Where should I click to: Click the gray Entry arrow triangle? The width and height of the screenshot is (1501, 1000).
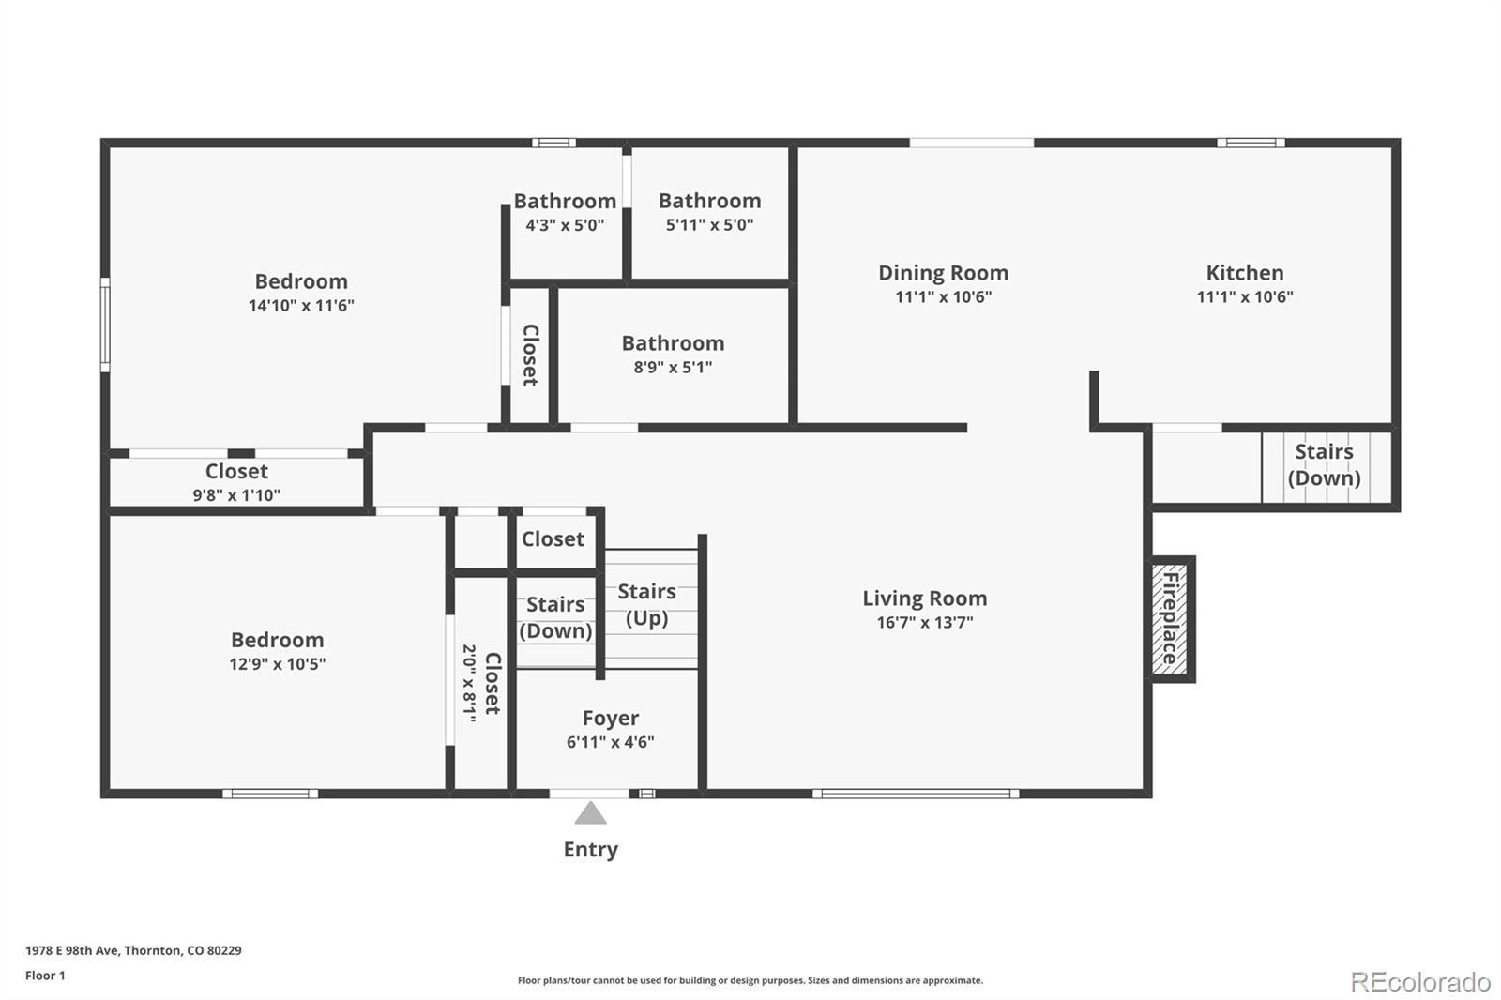point(590,813)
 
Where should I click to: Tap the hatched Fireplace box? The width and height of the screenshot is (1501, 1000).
point(1170,618)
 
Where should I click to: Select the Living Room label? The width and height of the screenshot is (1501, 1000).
point(925,598)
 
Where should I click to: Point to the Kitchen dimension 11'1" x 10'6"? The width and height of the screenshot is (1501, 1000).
point(1245,297)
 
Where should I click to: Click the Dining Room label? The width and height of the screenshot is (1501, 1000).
point(944,273)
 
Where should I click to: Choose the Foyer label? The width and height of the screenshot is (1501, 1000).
point(611,719)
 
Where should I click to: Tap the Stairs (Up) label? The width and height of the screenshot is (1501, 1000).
point(646,604)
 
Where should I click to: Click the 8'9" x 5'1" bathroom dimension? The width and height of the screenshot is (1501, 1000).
point(673,368)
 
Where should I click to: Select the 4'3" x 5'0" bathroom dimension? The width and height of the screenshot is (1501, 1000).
point(565,225)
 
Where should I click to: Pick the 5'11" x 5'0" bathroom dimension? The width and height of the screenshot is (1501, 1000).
point(709,225)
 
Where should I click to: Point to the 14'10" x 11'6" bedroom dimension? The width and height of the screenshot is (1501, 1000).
point(301,306)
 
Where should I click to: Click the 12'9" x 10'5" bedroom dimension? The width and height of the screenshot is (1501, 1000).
point(278,664)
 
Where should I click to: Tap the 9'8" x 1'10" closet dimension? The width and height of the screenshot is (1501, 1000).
point(236,495)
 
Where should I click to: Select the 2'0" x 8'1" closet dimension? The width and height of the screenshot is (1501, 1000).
point(470,683)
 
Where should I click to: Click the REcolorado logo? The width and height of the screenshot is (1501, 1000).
point(1420,982)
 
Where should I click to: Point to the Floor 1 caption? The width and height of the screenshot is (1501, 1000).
point(46,976)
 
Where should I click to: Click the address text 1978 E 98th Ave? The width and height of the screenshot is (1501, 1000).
point(71,950)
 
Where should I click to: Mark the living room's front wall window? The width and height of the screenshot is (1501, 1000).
point(916,794)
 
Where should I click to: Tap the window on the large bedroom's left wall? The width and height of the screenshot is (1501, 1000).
point(105,325)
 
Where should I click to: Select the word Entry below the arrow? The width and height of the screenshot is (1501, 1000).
point(590,850)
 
